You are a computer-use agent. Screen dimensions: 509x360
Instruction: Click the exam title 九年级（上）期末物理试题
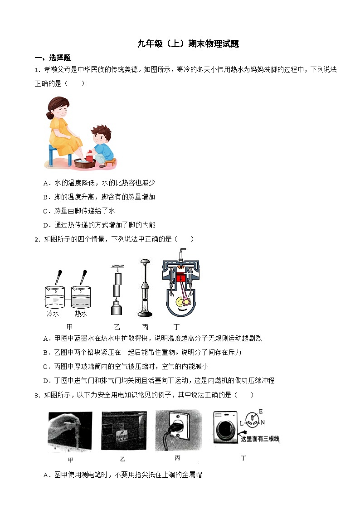[188, 44]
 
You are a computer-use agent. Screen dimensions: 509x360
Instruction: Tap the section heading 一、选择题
[53, 58]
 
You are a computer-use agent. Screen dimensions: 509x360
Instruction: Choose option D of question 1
[99, 225]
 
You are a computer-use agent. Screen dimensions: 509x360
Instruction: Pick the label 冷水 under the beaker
[54, 314]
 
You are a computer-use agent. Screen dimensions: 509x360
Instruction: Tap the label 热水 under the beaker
[81, 314]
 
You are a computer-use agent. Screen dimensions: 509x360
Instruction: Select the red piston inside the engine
[182, 280]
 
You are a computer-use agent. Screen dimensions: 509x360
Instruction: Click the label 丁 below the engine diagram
[177, 326]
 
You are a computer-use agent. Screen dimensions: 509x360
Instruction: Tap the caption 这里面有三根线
[260, 439]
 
